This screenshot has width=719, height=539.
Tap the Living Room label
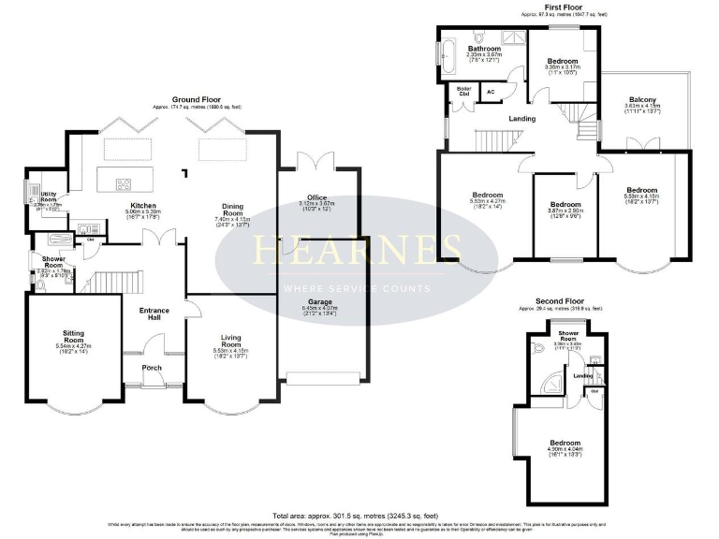(x=231, y=339)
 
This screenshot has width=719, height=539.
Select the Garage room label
(x=317, y=280)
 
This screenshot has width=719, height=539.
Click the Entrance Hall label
(x=153, y=313)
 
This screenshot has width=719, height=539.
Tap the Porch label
(x=152, y=368)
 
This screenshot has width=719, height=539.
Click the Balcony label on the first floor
(x=641, y=100)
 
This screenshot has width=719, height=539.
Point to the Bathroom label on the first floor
(x=484, y=49)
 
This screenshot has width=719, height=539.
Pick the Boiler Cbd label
(x=462, y=92)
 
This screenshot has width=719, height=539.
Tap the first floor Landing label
(x=521, y=119)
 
